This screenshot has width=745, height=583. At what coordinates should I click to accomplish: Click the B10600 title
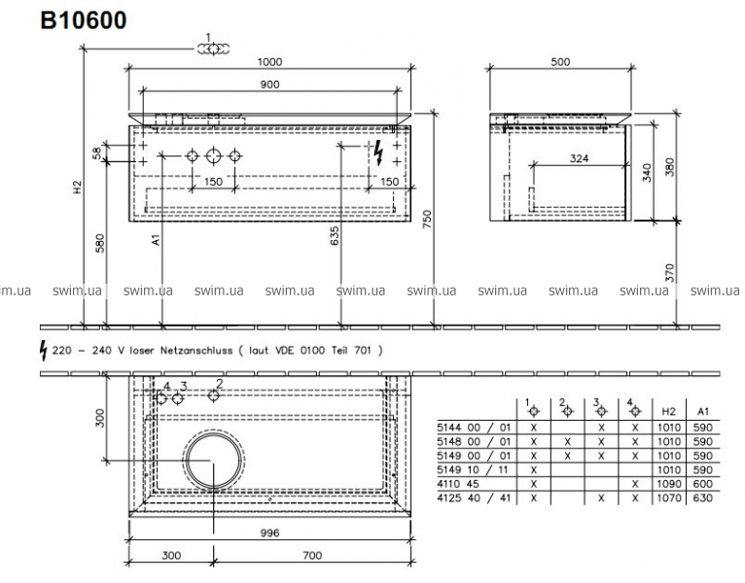coord(84,20)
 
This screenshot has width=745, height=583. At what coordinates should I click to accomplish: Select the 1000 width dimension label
coord(269,62)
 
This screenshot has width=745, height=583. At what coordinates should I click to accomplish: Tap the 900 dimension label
coord(269,85)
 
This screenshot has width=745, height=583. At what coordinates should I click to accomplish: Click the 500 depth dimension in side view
coord(560,62)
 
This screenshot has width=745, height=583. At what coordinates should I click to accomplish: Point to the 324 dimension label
coord(580,158)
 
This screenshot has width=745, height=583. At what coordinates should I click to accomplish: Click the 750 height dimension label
coord(427,220)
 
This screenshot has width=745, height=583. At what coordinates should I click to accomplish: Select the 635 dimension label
coord(335,235)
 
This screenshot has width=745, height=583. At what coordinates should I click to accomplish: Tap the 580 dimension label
coord(100,243)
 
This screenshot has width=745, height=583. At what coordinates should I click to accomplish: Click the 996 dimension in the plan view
coord(269,533)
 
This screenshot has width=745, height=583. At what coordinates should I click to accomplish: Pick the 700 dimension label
coord(312,556)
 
